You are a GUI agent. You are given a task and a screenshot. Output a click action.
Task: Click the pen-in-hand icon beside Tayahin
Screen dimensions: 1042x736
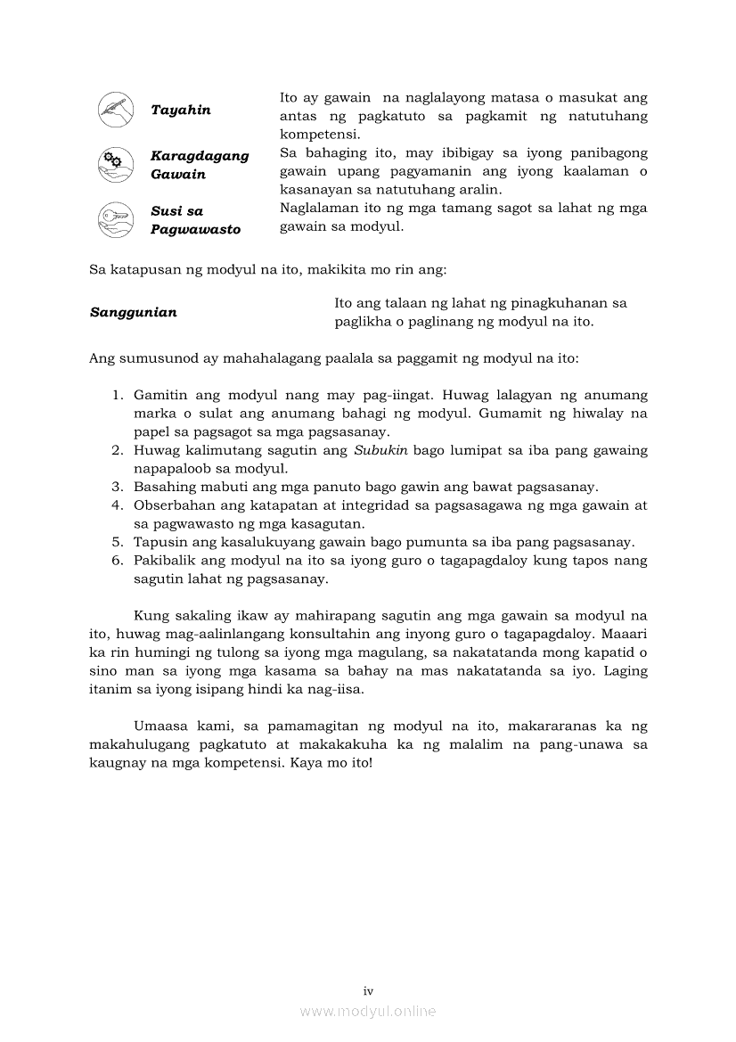click(x=115, y=110)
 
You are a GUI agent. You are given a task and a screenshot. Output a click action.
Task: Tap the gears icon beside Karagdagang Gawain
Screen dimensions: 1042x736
click(x=115, y=164)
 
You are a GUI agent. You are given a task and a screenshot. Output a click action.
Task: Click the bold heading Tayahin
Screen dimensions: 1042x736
click(x=181, y=111)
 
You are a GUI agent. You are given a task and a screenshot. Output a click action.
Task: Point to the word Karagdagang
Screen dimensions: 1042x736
click(x=200, y=156)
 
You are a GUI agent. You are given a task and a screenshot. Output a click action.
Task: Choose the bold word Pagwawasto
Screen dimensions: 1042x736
click(x=195, y=230)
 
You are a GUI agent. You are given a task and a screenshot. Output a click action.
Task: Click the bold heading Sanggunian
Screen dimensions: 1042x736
click(x=134, y=313)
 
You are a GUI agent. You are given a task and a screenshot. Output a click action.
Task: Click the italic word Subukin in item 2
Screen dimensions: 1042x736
click(x=380, y=451)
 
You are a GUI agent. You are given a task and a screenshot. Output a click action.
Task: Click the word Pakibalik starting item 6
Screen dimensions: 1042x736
click(x=163, y=562)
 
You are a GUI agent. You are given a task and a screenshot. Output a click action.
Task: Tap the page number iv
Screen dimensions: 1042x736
click(x=368, y=991)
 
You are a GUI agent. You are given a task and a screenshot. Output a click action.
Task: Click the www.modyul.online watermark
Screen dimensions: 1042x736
click(x=368, y=1012)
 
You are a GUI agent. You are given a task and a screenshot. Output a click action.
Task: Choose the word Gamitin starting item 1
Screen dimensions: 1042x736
click(x=159, y=395)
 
